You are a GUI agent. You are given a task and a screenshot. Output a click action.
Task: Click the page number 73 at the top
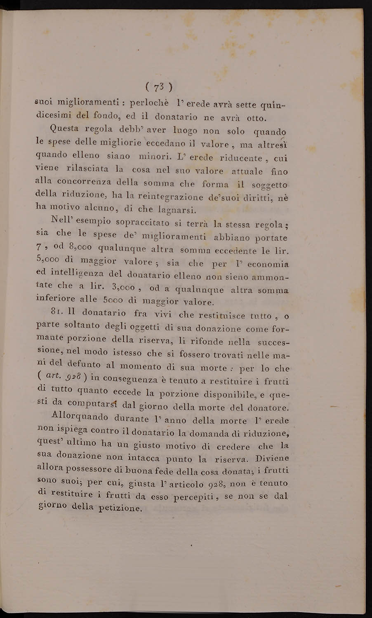pyautogui.click(x=159, y=87)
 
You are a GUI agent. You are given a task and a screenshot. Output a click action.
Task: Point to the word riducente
pyautogui.click(x=240, y=158)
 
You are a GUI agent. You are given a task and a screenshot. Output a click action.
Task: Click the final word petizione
pyautogui.click(x=121, y=508)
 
